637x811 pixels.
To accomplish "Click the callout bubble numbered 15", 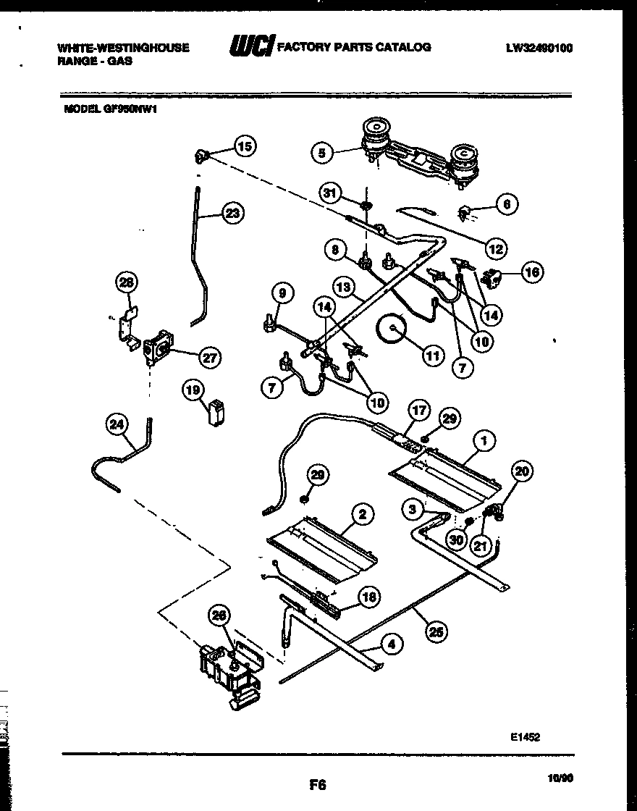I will click(x=245, y=147).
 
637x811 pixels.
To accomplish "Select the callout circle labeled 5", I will click(x=323, y=153).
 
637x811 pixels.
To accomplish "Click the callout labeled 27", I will click(x=210, y=357).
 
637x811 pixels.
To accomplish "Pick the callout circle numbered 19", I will click(x=192, y=391).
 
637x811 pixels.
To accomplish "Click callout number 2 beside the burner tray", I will click(x=361, y=514).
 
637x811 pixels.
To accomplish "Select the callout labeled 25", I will click(x=435, y=631).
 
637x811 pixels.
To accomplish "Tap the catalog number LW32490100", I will click(x=539, y=49).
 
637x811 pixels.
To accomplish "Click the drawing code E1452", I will click(x=524, y=736).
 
